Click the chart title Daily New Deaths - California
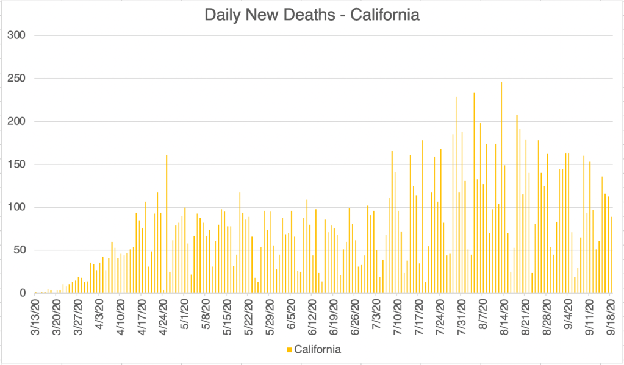pos(312,15)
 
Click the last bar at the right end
pos(611,255)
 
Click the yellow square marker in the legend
pos(289,350)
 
